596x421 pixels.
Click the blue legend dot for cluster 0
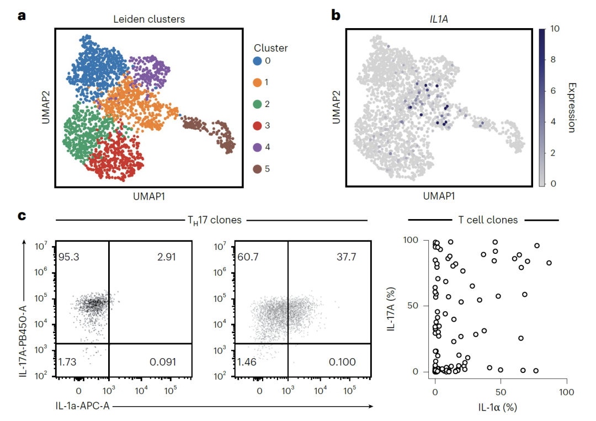click(x=258, y=61)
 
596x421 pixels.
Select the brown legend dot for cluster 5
click(x=258, y=169)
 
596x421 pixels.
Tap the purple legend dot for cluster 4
click(x=258, y=147)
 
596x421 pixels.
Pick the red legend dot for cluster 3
click(x=258, y=126)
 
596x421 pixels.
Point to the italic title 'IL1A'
click(x=439, y=19)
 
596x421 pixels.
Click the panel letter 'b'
click(x=336, y=15)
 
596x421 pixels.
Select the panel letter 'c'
click(x=22, y=215)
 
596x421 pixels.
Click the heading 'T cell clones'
click(x=488, y=220)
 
